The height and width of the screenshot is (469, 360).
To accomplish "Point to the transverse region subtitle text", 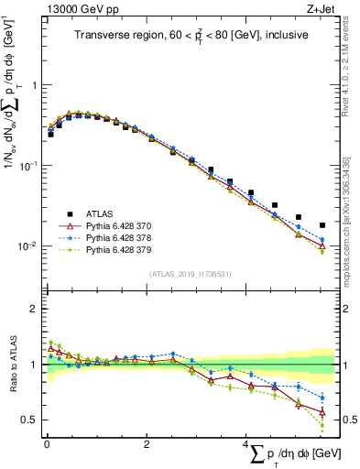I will (x=190, y=36).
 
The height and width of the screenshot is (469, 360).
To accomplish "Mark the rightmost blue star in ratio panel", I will (x=322, y=398).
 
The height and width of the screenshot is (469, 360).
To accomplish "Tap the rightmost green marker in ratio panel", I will (x=322, y=425).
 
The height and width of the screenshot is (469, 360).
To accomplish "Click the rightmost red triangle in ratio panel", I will (x=322, y=412).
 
